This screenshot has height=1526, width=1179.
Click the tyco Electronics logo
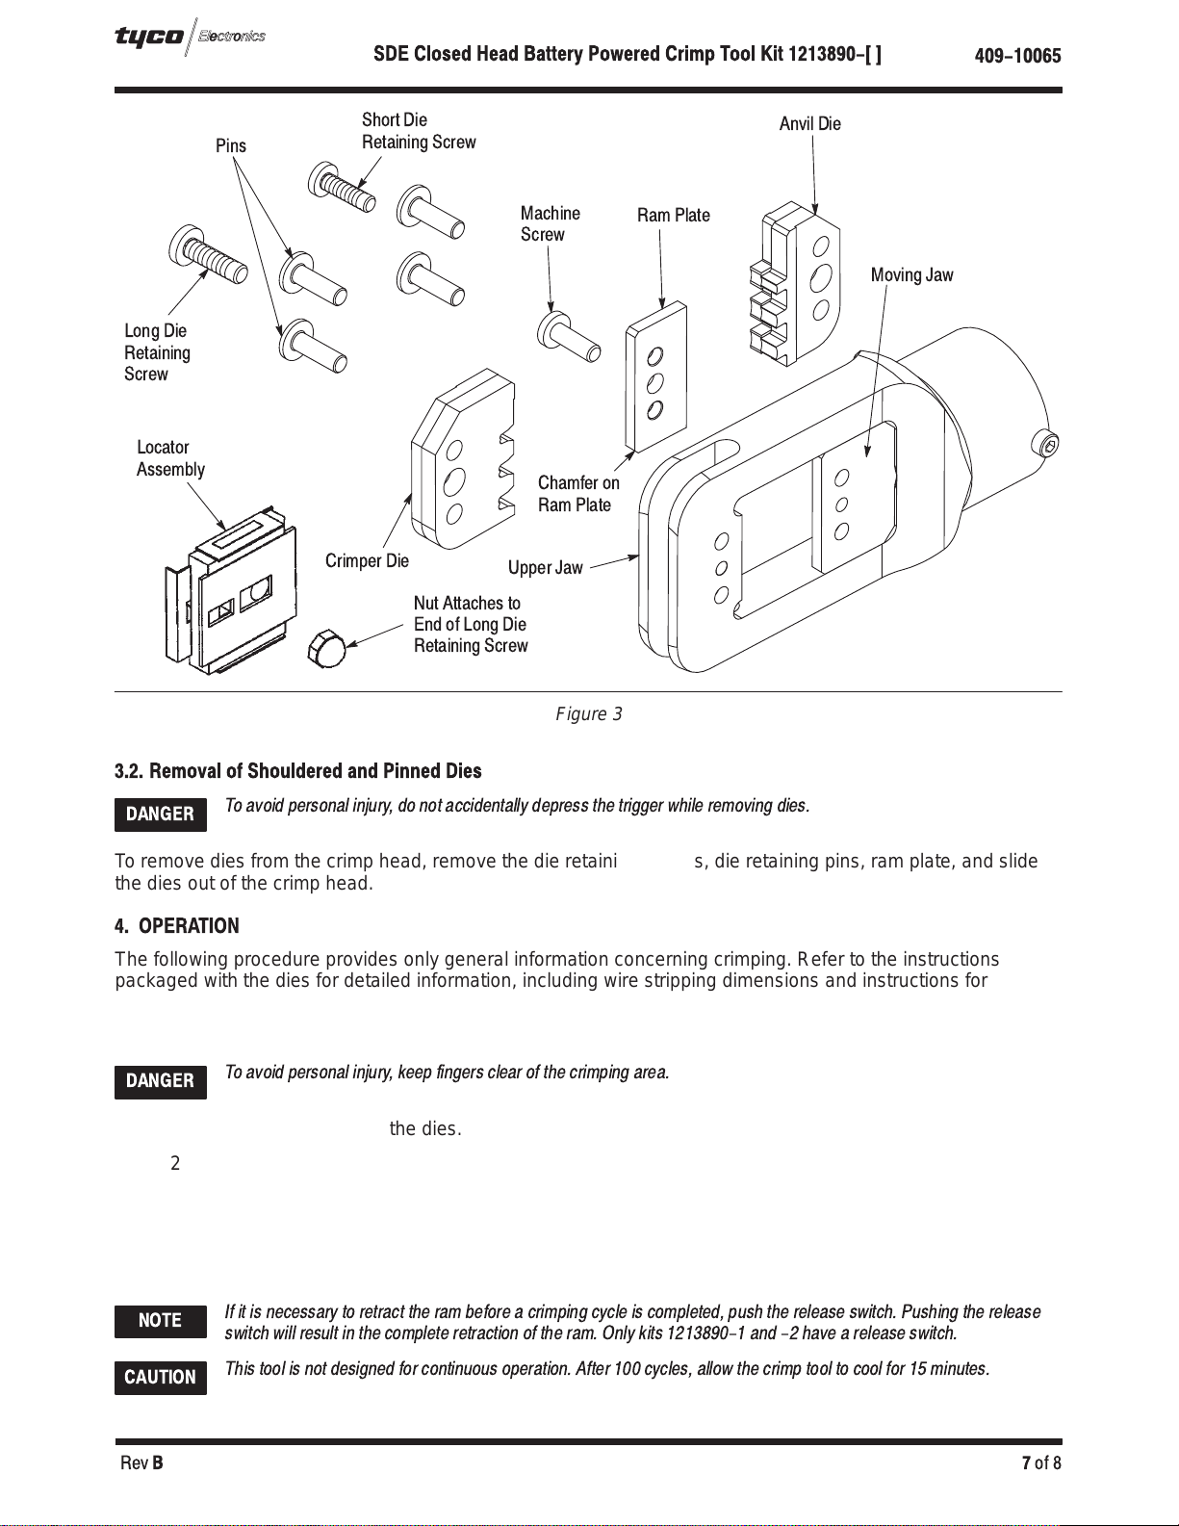(190, 38)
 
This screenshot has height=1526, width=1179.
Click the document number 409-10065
(1017, 56)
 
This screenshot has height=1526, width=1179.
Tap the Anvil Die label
(809, 124)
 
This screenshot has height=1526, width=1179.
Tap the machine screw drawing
(569, 336)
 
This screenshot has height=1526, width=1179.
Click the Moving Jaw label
(911, 275)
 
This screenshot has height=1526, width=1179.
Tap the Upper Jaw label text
(545, 568)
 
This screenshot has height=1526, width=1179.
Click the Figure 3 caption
(588, 714)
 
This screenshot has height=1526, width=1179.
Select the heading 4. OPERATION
(177, 926)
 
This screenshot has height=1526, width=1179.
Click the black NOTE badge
(160, 1321)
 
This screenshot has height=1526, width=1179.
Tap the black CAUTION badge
(160, 1378)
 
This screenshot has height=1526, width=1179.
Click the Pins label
(231, 146)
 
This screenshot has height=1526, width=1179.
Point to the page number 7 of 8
(1040, 1463)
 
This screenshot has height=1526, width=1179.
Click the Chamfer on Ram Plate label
(578, 494)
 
